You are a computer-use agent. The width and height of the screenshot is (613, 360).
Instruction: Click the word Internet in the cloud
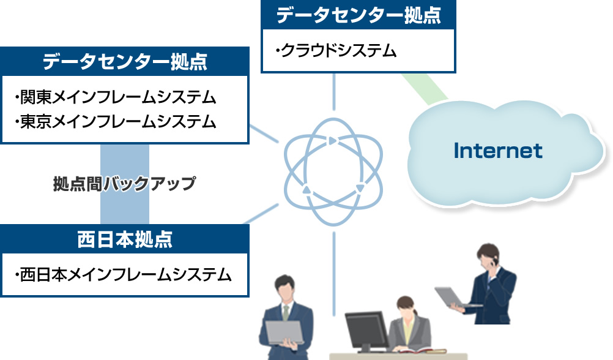(498, 151)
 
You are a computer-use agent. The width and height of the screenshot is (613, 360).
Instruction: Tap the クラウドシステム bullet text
(336, 51)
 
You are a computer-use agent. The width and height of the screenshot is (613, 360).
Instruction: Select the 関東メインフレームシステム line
(116, 97)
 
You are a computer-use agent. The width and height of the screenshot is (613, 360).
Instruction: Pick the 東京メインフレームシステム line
(116, 122)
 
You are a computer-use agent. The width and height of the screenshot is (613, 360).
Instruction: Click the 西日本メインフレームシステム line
(123, 275)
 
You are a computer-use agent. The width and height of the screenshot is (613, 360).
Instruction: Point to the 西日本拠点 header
(125, 239)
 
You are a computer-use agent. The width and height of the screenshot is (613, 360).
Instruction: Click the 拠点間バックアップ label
(124, 184)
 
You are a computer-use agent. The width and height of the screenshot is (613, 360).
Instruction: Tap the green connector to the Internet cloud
(425, 89)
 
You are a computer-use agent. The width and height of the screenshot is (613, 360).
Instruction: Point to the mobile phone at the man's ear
(495, 261)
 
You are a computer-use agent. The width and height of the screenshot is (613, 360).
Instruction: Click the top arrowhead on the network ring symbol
(332, 140)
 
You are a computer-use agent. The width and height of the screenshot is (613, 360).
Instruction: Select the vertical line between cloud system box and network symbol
(334, 92)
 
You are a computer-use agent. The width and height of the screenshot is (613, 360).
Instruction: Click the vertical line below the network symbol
(334, 274)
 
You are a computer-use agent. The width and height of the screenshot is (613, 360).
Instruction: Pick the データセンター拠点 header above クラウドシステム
(359, 15)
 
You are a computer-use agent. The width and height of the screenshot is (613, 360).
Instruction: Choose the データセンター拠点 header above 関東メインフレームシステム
(125, 62)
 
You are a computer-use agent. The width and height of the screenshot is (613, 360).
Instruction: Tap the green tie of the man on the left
(286, 313)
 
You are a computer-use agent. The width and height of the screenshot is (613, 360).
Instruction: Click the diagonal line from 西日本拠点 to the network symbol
(261, 214)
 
